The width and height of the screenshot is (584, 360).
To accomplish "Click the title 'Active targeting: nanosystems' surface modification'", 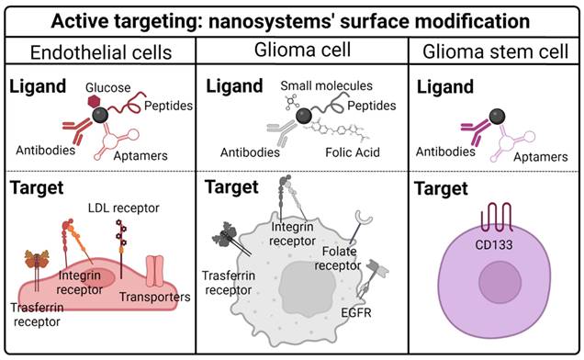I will (291, 19).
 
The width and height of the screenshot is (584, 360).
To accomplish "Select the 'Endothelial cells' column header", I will (98, 51).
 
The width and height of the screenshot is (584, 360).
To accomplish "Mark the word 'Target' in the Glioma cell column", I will (229, 187).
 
